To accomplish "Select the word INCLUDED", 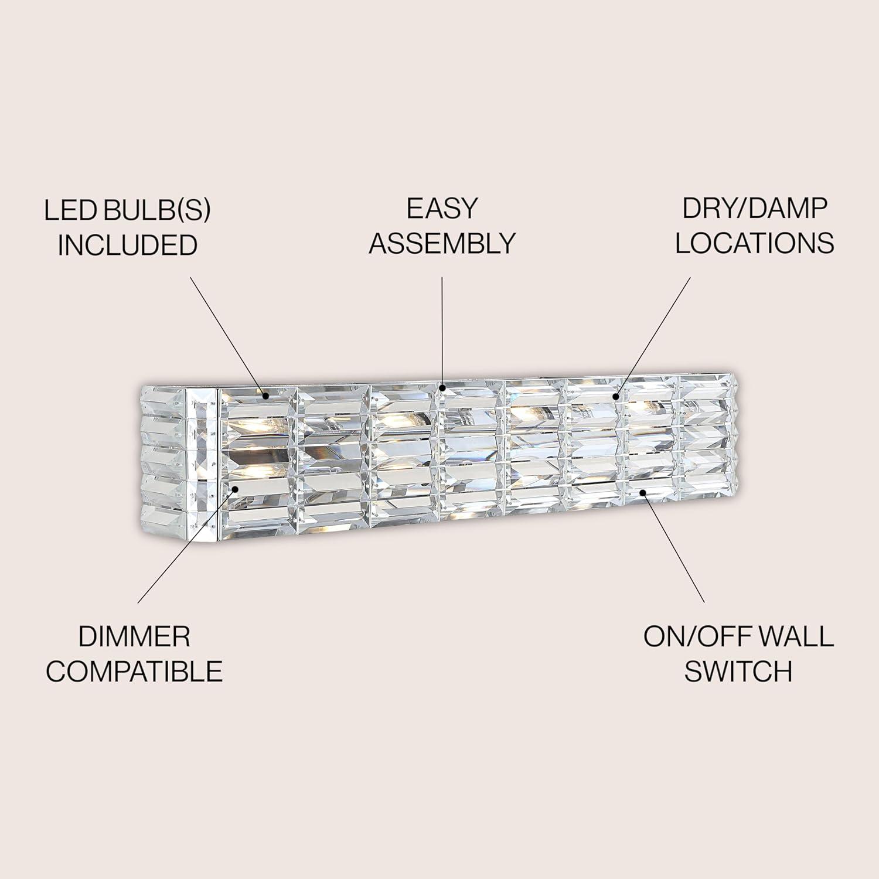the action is pos(127,245).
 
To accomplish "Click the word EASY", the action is pos(442,209).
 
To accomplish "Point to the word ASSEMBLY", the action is pos(442,243).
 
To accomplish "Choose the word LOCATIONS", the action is pos(755,243).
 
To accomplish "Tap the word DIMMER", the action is pos(134,637).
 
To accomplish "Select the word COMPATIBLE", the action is pos(134,672).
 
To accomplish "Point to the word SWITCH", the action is pos(738,672).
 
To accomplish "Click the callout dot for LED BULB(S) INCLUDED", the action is pos(266,397).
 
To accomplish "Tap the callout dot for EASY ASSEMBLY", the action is pos(442,387).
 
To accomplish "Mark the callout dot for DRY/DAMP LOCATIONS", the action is pos(616,397).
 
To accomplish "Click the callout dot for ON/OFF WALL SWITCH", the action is pos(643,492).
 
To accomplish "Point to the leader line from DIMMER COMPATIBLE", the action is pos(187,547).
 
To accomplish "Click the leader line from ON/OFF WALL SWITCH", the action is pos(673,547).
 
